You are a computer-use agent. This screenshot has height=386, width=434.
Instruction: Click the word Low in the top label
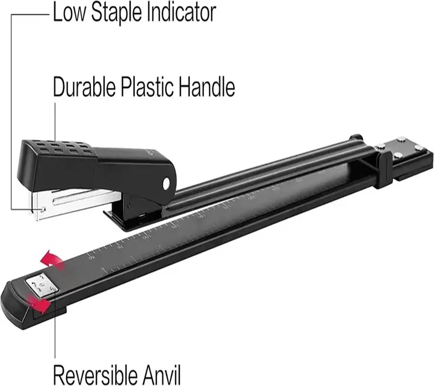click(69, 13)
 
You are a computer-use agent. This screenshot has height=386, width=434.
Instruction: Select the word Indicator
click(181, 13)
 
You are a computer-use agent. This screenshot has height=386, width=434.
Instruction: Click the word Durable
click(84, 87)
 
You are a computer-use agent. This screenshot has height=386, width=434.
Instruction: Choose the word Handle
click(207, 87)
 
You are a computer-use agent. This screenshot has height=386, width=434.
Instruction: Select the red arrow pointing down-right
click(40, 303)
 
